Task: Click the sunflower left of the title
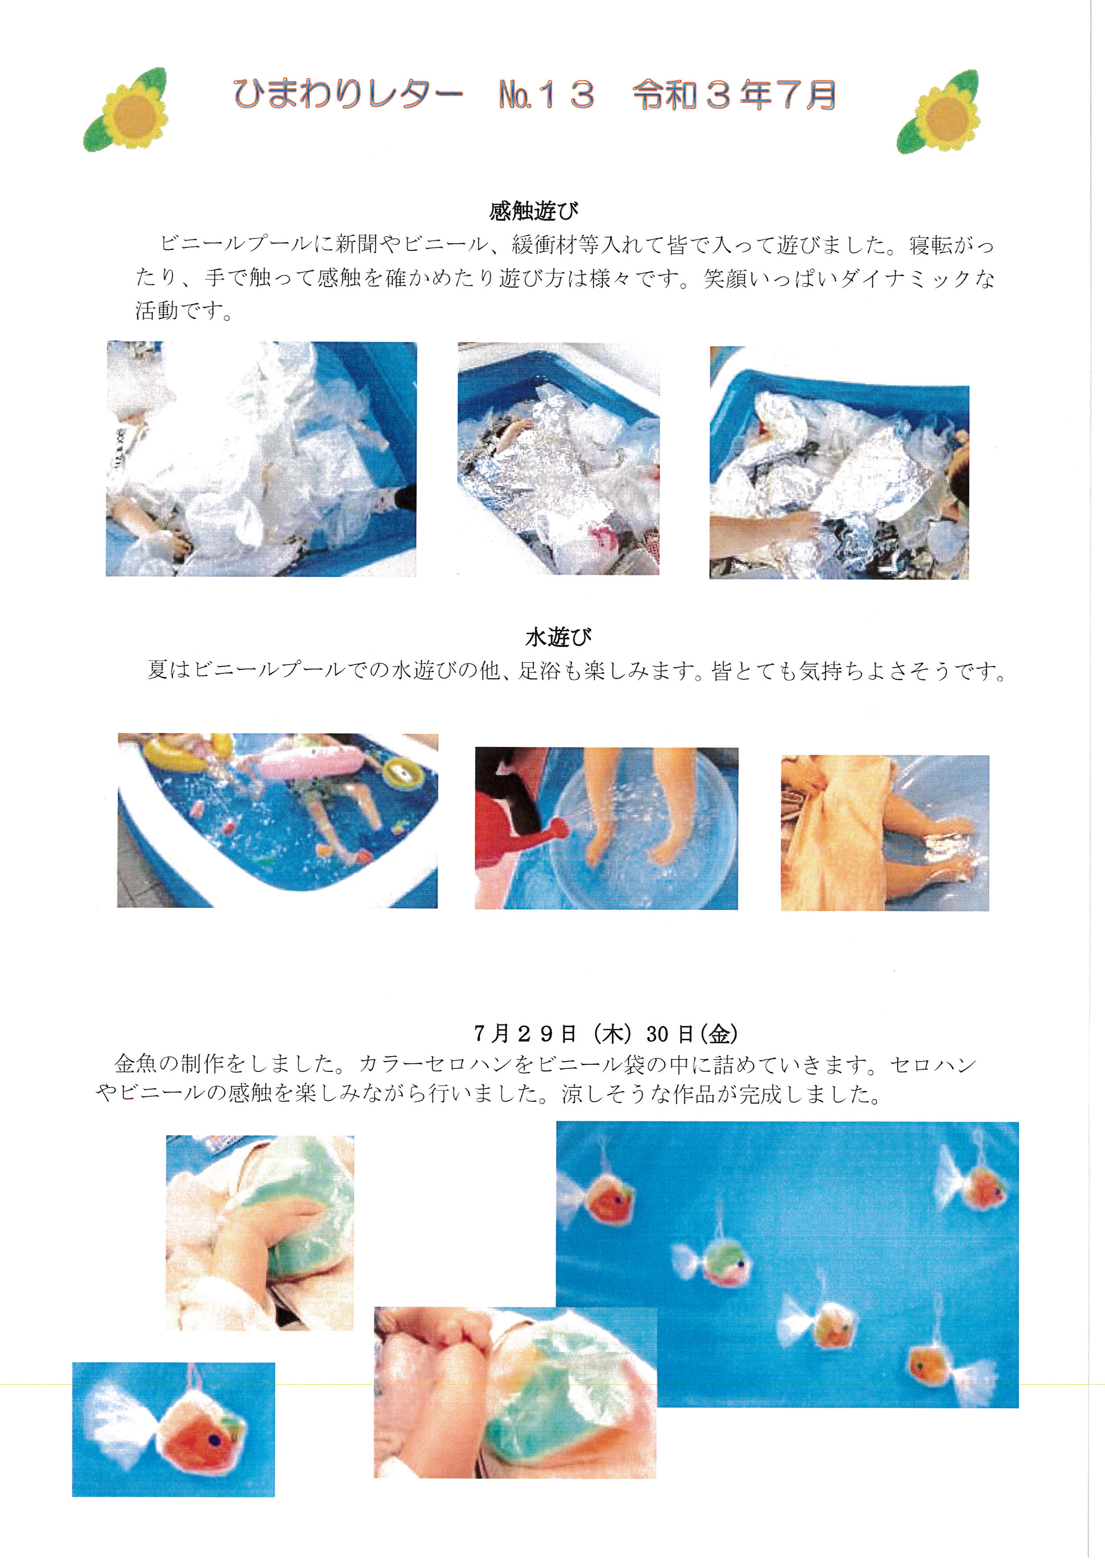point(126,110)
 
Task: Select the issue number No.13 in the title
point(547,94)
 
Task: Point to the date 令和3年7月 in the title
point(735,94)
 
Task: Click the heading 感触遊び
point(534,211)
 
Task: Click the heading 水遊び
point(558,637)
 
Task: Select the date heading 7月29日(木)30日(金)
point(606,1034)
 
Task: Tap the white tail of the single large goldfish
point(121,1423)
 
